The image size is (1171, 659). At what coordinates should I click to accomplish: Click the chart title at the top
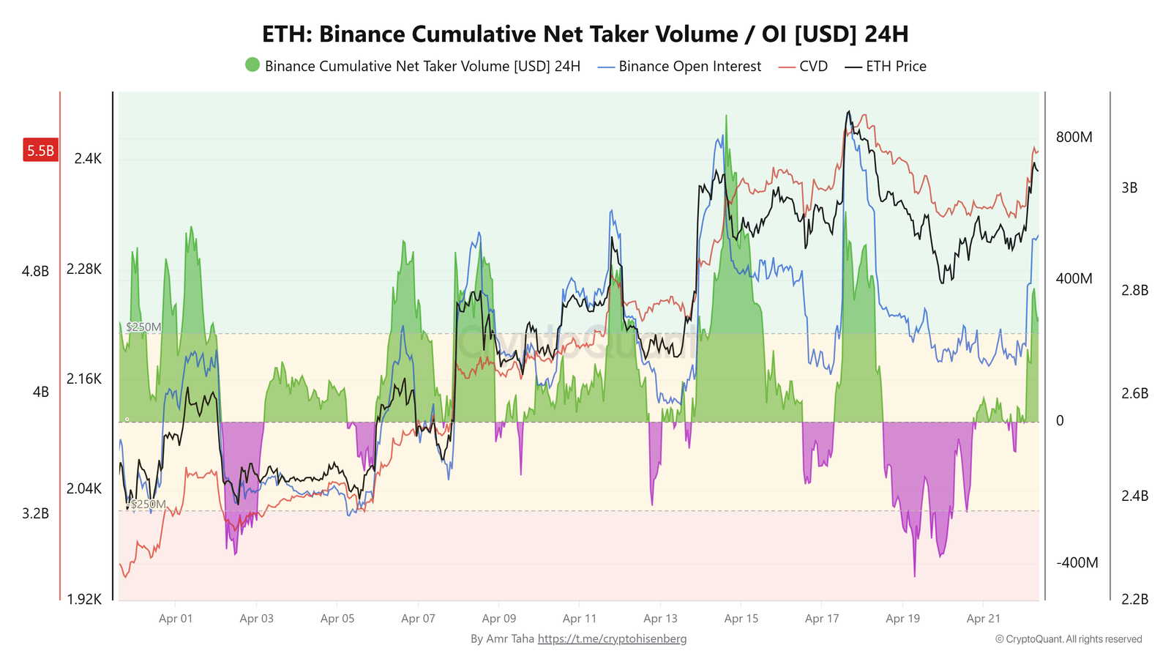(x=585, y=34)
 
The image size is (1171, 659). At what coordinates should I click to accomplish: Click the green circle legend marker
(x=252, y=65)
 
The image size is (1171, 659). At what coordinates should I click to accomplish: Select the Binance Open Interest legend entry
(x=680, y=67)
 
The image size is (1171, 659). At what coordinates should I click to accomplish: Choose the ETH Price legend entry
(x=886, y=67)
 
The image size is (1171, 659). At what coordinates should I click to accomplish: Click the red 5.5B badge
(x=40, y=151)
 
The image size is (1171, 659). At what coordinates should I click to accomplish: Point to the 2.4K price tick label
(x=88, y=159)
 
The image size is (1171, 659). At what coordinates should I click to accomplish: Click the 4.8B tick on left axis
(x=35, y=272)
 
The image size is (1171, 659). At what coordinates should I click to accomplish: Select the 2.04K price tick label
(x=84, y=488)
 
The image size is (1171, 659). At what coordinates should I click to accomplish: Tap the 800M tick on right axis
(x=1074, y=138)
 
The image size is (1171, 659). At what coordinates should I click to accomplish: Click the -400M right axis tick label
(x=1077, y=563)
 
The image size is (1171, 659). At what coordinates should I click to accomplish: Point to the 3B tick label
(x=1129, y=188)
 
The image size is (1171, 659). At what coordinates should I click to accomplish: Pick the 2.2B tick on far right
(x=1134, y=600)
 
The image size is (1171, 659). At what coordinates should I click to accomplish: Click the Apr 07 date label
(x=418, y=619)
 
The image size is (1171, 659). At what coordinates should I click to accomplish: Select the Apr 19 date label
(x=902, y=619)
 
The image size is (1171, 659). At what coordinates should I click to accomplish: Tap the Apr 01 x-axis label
(x=176, y=619)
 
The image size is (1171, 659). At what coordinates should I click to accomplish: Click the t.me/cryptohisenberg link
(x=612, y=639)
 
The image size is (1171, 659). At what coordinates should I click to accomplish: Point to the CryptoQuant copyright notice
(x=1068, y=639)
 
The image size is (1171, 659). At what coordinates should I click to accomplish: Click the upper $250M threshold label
(x=143, y=327)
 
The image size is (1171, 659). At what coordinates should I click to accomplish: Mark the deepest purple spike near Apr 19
(x=914, y=575)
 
